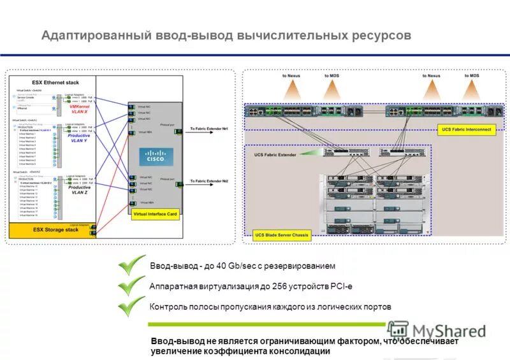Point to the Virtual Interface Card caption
155,214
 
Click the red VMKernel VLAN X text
79,109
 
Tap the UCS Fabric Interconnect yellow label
467,129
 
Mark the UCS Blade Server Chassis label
282,235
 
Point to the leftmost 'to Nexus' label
291,76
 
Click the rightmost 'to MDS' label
472,76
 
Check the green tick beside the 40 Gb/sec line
132,265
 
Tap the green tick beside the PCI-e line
132,286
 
